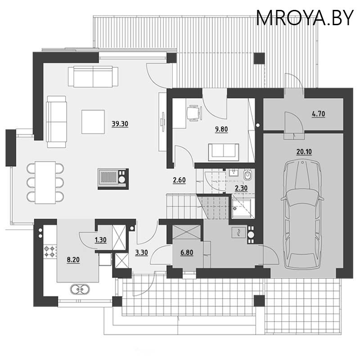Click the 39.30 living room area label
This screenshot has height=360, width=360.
[x=120, y=124]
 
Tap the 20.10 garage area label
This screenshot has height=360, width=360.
[x=304, y=152]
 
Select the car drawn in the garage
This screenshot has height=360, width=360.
[x=302, y=215]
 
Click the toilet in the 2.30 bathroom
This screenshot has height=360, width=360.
[x=247, y=175]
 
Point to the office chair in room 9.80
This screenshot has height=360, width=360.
[x=195, y=112]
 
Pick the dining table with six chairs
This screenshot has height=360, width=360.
[x=45, y=182]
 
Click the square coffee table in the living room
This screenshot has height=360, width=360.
[x=93, y=121]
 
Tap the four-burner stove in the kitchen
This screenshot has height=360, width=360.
[x=50, y=252]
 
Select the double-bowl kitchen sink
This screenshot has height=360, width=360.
[x=80, y=289]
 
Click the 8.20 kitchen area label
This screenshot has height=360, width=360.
[x=73, y=260]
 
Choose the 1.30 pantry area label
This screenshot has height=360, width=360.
[x=100, y=240]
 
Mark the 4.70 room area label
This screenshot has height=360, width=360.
[x=319, y=114]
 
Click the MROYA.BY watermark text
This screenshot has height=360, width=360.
[x=305, y=18]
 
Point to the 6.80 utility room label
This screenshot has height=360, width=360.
[x=187, y=252]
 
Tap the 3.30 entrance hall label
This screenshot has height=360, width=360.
[x=141, y=253]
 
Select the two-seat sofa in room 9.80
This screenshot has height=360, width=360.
[x=223, y=152]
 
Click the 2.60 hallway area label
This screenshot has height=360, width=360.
[x=179, y=180]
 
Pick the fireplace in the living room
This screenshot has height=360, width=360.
[x=113, y=179]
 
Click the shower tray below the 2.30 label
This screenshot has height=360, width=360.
[x=243, y=208]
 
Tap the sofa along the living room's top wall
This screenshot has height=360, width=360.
[x=93, y=76]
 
